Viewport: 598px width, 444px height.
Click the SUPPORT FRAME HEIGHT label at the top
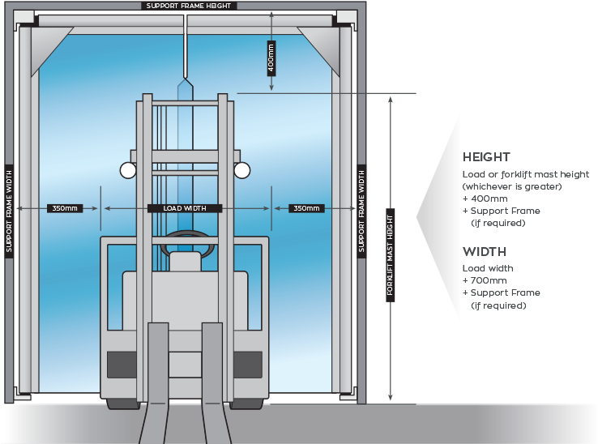[x=189, y=6]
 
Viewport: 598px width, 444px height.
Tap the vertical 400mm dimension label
[x=271, y=58]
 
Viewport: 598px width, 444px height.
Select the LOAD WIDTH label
[x=185, y=208]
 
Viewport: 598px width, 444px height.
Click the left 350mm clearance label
[x=65, y=208]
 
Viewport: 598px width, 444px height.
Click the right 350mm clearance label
[x=306, y=208]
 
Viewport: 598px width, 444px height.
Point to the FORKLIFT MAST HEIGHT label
[x=390, y=256]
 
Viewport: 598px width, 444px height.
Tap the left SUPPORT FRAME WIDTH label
[x=9, y=210]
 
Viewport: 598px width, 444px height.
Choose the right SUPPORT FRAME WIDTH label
[x=361, y=210]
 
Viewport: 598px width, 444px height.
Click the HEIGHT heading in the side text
[x=486, y=157]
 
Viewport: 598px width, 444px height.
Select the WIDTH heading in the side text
[x=483, y=251]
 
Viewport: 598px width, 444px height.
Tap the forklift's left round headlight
[x=128, y=170]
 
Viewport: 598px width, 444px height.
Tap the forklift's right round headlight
[x=241, y=170]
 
